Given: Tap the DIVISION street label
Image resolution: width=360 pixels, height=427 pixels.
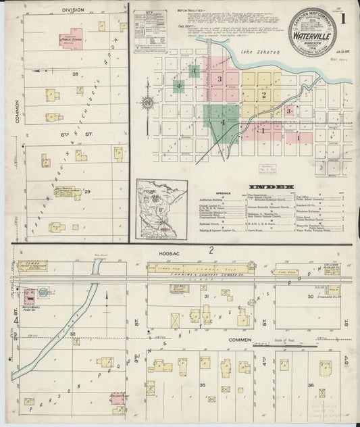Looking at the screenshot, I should (73, 10).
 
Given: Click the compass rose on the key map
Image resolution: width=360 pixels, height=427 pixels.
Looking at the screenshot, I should (147, 103).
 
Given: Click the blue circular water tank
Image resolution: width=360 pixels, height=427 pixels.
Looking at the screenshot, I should (43, 293).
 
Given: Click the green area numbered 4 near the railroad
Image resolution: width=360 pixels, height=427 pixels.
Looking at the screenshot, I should (223, 122).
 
